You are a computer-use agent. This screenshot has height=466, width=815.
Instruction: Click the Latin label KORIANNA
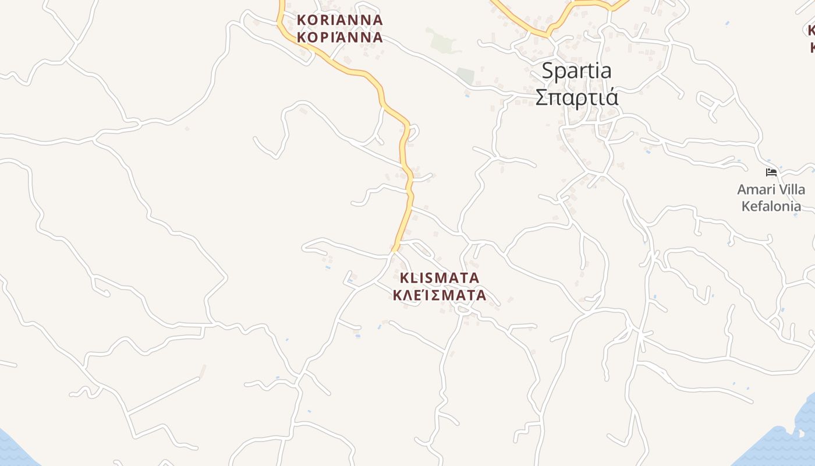coord(339,20)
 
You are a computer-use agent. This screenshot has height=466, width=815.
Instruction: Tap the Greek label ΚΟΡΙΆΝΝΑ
coord(339,37)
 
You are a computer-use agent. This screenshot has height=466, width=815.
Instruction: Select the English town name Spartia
coord(576,71)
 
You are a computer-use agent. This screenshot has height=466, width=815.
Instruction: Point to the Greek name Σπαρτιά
coord(576,97)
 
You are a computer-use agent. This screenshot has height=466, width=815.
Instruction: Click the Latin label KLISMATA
coord(440,277)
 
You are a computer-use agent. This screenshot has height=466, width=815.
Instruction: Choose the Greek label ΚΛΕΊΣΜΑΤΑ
coord(440,295)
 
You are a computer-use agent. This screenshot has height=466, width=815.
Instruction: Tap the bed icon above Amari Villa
coord(771,172)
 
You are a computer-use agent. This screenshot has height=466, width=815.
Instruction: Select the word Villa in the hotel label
coord(791,189)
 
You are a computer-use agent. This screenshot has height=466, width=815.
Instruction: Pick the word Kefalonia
coord(771,206)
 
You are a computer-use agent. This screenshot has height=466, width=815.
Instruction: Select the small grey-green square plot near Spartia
coord(465,76)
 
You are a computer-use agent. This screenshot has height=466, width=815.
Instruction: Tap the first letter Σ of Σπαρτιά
coord(541,97)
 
